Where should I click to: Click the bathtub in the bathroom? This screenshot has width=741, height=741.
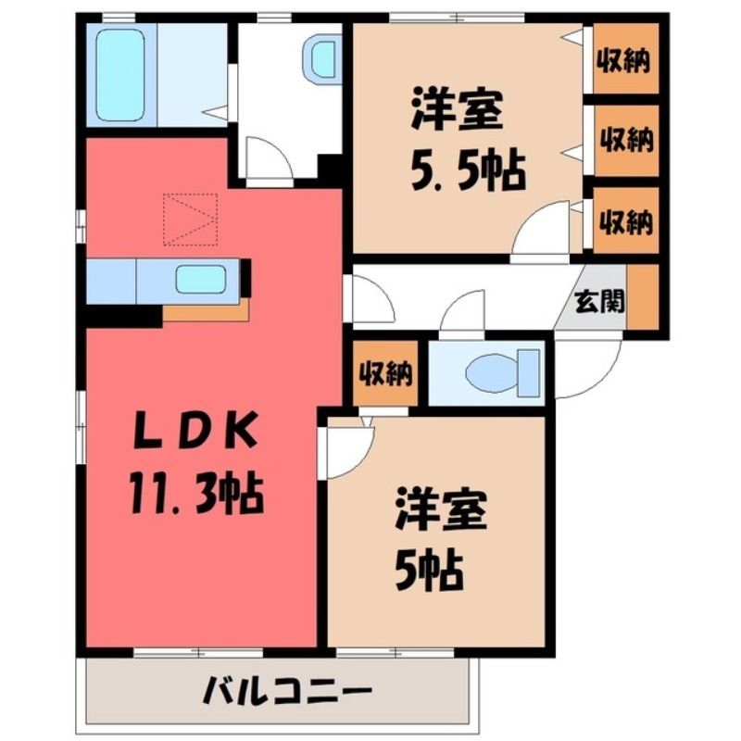coord(120,75)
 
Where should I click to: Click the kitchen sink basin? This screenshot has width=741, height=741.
coord(201,280)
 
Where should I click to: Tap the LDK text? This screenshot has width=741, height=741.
coord(196,429)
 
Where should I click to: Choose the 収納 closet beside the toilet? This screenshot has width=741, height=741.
coord(385,374)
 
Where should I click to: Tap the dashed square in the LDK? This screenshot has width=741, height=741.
coord(191,220)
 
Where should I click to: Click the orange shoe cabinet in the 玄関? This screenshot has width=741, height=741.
coord(643,296)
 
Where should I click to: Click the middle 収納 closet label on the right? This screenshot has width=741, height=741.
coord(626,141)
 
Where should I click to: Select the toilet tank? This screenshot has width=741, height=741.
coord(529,373)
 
